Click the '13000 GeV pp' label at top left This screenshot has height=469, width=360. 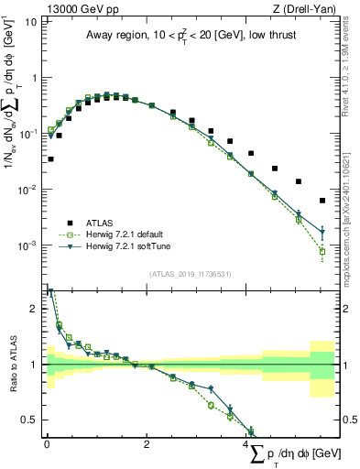pos(78,8)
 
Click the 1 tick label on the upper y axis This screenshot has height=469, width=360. pos(35,78)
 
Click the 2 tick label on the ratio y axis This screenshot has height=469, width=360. pos(35,309)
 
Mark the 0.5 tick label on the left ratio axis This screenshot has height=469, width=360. pos(30,420)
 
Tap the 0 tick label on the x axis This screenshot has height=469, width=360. pos(47,443)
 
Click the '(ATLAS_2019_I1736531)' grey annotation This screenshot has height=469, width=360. pos(190,273)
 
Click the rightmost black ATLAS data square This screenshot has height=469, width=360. pos(322,201)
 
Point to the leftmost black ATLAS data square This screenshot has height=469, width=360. pos(50,159)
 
